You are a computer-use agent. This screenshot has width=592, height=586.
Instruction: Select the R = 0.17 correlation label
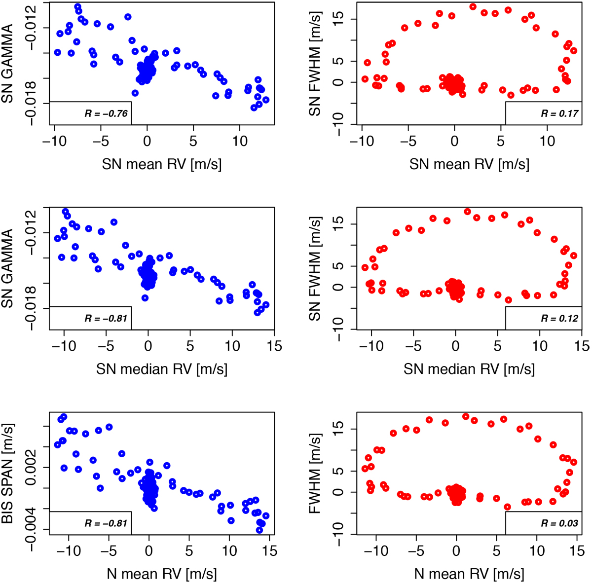[x=559, y=114]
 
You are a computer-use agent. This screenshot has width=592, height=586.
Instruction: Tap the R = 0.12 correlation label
[x=559, y=319]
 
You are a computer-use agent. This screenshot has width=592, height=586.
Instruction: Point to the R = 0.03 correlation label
[x=559, y=523]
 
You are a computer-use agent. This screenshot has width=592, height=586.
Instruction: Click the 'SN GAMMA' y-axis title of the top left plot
[x=9, y=64]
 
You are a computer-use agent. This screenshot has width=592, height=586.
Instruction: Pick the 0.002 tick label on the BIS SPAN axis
[x=30, y=467]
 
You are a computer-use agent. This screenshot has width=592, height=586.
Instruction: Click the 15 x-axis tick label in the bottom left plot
[x=270, y=550]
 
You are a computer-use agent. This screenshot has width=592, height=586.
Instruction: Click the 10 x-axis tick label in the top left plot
[x=240, y=142]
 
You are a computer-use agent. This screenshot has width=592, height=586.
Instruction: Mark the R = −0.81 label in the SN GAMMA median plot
[x=106, y=319]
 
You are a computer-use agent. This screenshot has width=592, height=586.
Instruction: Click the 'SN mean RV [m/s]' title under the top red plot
[x=469, y=164]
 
